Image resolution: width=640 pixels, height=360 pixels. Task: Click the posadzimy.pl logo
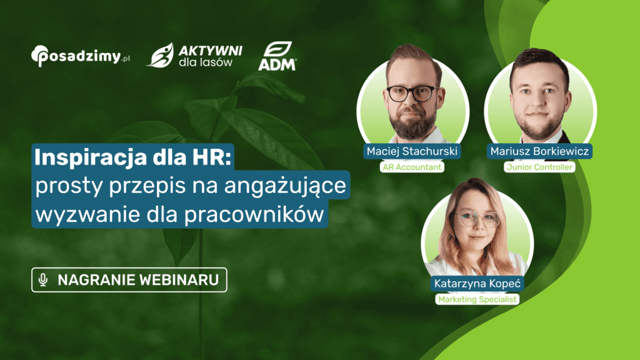click(80, 56)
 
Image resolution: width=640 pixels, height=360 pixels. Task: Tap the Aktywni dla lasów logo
click(194, 55)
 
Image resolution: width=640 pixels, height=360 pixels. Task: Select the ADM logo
click(278, 56)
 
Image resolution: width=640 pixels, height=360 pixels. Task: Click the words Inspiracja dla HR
click(132, 158)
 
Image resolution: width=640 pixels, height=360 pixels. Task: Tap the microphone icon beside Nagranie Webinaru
click(43, 281)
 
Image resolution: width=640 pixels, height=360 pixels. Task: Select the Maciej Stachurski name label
click(412, 151)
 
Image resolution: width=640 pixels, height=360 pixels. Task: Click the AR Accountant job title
click(412, 167)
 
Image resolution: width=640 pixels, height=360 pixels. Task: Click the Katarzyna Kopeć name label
click(477, 284)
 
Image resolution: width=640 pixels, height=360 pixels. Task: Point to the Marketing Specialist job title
click(477, 300)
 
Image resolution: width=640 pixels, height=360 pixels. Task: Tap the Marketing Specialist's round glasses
click(477, 219)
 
